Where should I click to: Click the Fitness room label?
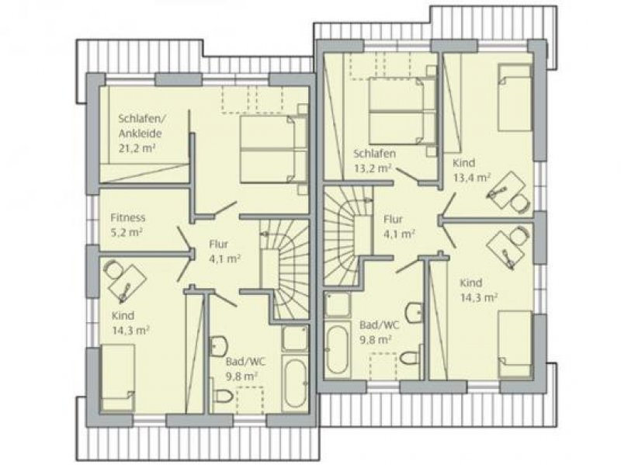(x=127, y=218)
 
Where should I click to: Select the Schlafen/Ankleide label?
(x=141, y=125)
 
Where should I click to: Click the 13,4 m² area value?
(x=471, y=177)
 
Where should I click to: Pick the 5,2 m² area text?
(x=125, y=232)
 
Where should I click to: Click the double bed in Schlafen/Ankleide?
(x=269, y=149)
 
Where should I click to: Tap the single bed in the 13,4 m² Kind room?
(x=513, y=99)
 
